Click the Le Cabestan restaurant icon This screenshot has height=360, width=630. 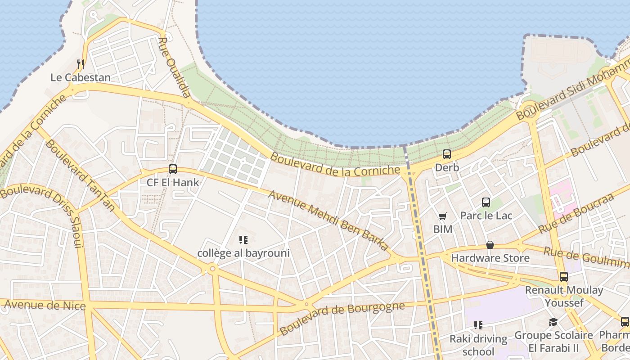click(x=81, y=64)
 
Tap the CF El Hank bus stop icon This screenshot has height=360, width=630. click(x=173, y=169)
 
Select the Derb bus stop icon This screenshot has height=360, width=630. click(x=447, y=154)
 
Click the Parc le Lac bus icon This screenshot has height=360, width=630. click(x=486, y=202)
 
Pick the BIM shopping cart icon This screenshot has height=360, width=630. click(x=443, y=216)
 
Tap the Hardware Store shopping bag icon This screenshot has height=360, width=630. click(x=490, y=245)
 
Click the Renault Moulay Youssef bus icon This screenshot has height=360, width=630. click(x=564, y=277)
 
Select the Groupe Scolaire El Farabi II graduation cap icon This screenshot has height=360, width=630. click(x=553, y=322)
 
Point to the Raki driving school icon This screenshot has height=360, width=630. click(x=478, y=325)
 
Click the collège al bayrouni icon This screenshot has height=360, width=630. click(x=243, y=240)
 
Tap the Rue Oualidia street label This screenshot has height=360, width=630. click(x=175, y=67)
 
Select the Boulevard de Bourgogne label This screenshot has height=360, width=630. click(x=342, y=319)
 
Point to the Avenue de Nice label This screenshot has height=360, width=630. click(x=45, y=306)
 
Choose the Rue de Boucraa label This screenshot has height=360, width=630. click(x=576, y=213)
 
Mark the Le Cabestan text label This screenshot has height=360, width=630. click(x=81, y=77)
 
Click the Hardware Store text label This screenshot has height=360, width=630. click(x=490, y=258)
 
